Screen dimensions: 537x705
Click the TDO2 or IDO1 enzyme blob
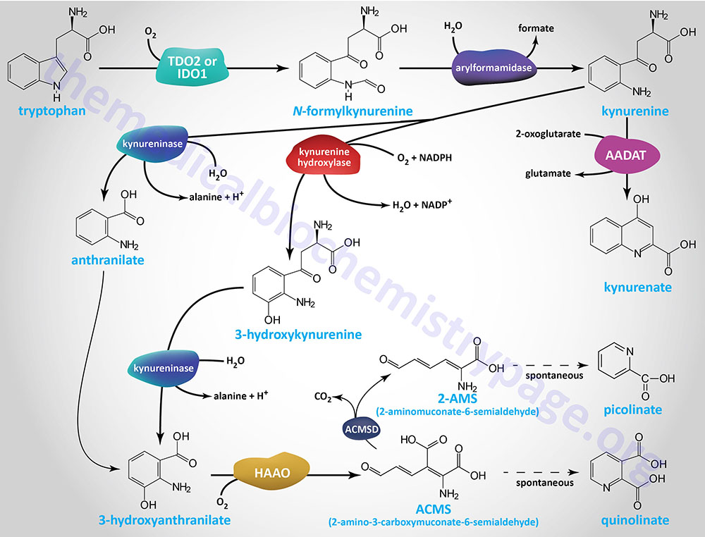coord(188,68)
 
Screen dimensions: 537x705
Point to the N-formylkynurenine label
coord(352,111)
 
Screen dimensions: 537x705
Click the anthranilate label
coord(107,261)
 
